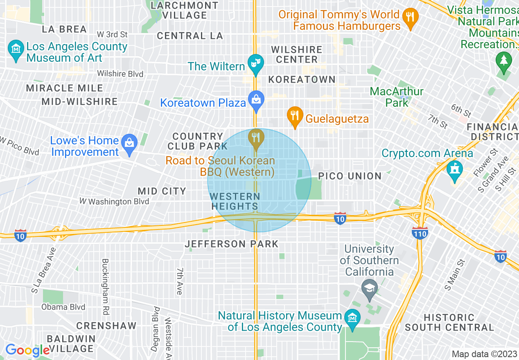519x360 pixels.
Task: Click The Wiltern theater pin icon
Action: coord(256,64)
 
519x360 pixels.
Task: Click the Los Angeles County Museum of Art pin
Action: coord(16,50)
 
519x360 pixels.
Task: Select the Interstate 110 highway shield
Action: coord(420,234)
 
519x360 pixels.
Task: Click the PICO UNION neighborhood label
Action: coord(350,176)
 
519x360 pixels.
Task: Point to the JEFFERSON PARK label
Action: coord(232,244)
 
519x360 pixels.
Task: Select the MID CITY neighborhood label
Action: coord(162,191)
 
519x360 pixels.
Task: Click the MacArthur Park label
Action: coord(396,97)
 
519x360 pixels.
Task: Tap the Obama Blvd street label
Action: coord(63,307)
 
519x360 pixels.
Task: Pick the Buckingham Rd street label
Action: coord(106,286)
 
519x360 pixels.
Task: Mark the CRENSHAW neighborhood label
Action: coord(106,326)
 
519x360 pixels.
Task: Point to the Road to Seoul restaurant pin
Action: coord(256,139)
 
